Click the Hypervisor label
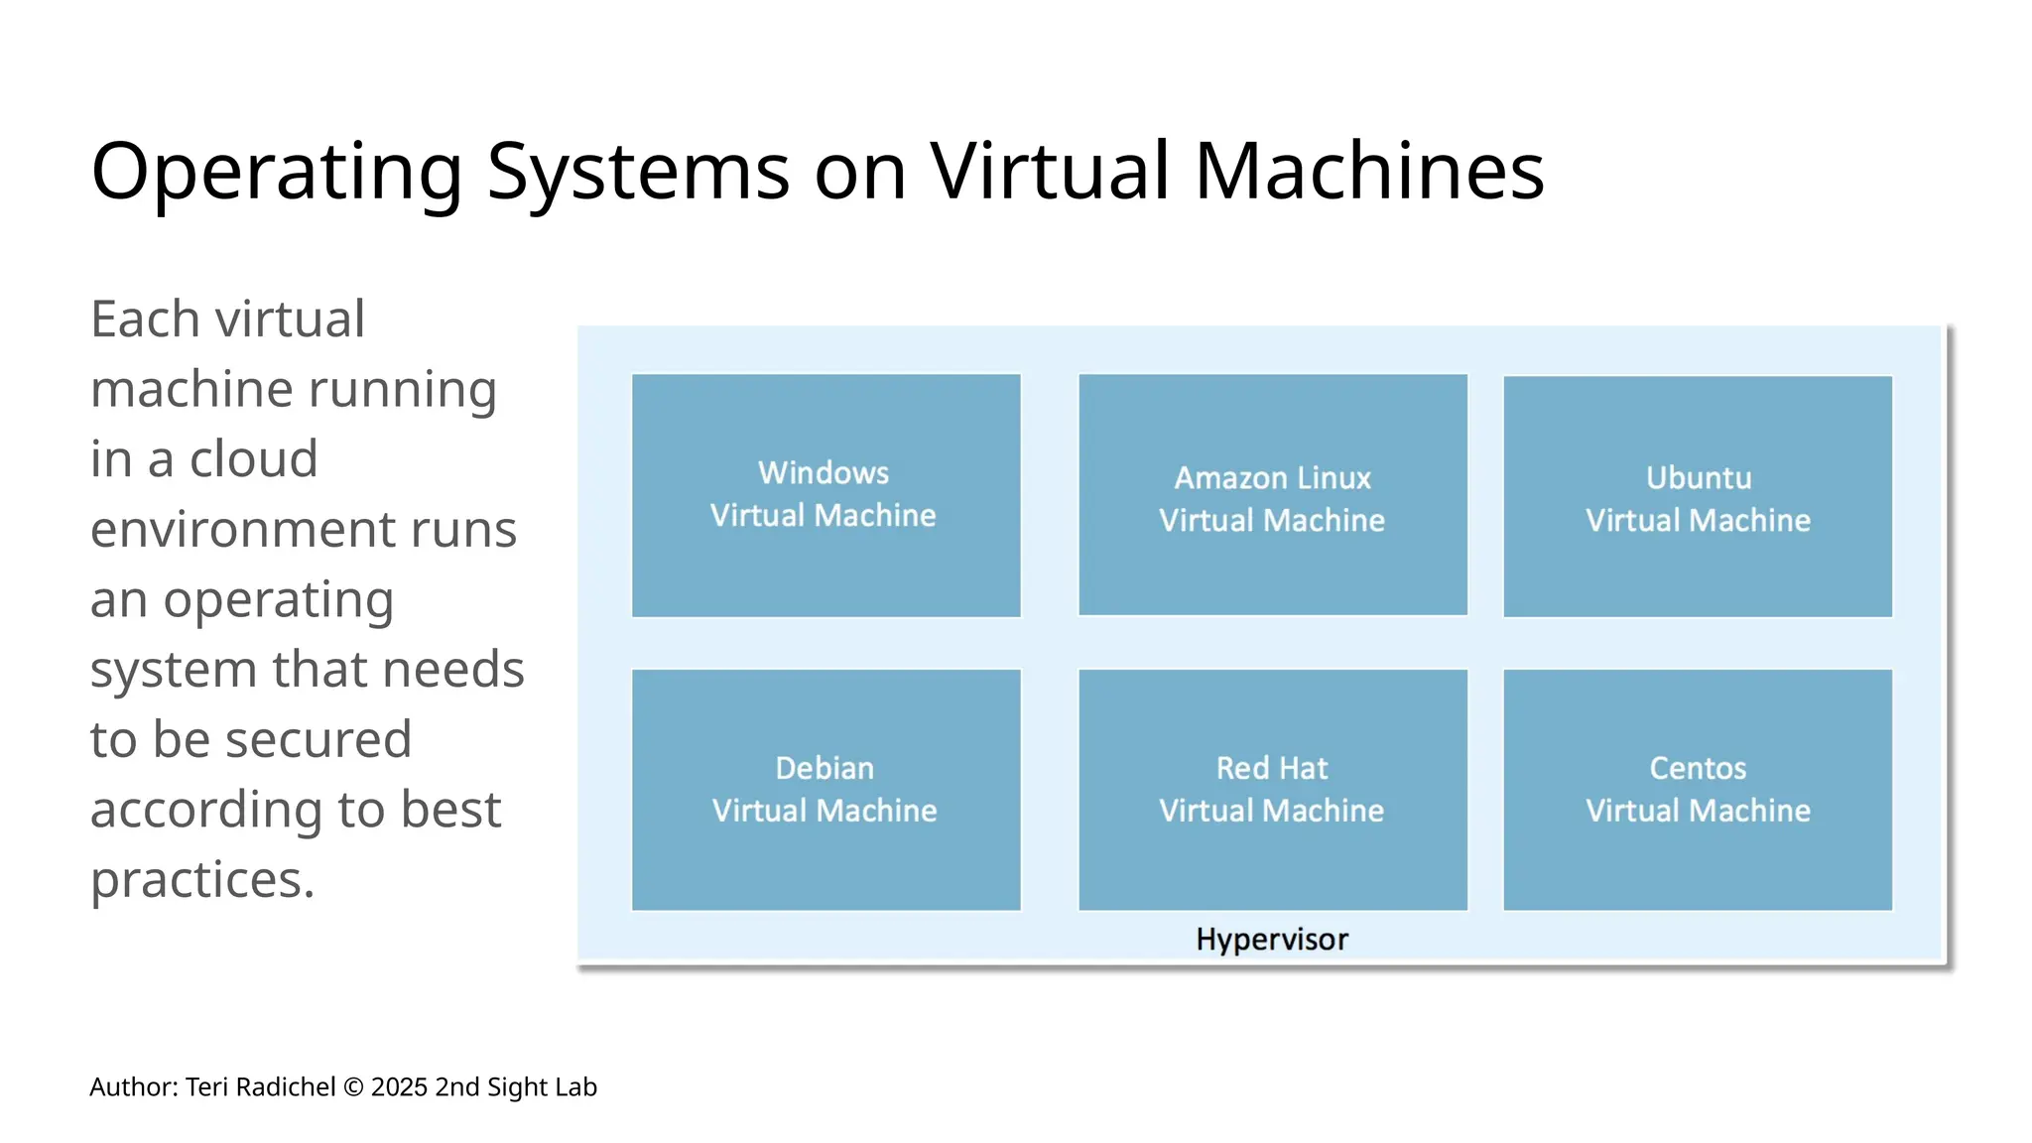pos(1272,939)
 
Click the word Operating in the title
pos(277,172)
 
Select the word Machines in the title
pos(1369,172)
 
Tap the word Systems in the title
pos(638,172)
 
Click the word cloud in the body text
pos(254,459)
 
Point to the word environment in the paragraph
pos(304,529)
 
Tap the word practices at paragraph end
pos(202,880)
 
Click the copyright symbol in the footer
pos(353,1087)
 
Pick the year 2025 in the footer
pos(400,1087)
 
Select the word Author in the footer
pos(133,1087)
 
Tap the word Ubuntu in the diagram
pos(1698,478)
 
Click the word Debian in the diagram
pos(825,768)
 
